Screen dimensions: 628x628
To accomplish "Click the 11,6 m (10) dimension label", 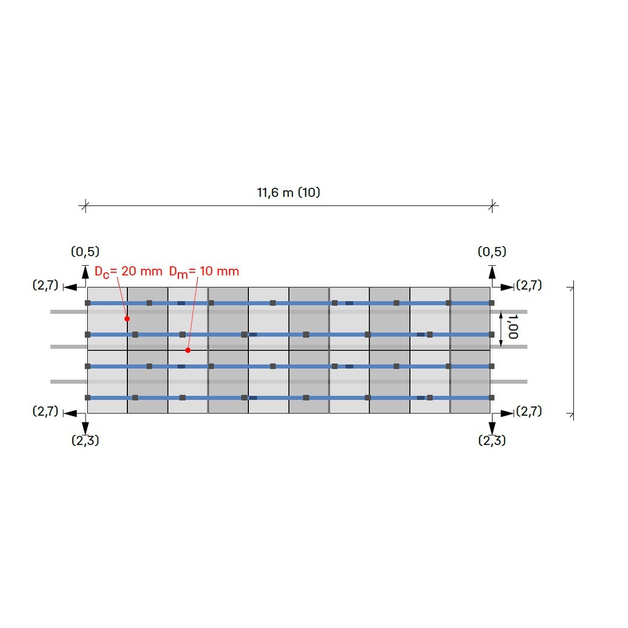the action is point(288,192).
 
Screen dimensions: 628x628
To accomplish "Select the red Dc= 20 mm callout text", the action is point(128,272).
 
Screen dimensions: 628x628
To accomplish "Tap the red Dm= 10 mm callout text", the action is point(204,272).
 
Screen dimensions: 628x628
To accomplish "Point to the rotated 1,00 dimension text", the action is point(513,326).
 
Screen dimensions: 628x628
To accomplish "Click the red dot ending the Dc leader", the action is point(127,319).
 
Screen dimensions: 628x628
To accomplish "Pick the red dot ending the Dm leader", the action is point(188,350).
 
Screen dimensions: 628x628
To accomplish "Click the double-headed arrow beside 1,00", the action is point(501,329).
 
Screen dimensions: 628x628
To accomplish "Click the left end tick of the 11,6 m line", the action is point(85,206).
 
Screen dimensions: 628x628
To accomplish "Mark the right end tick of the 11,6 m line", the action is point(493,206).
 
